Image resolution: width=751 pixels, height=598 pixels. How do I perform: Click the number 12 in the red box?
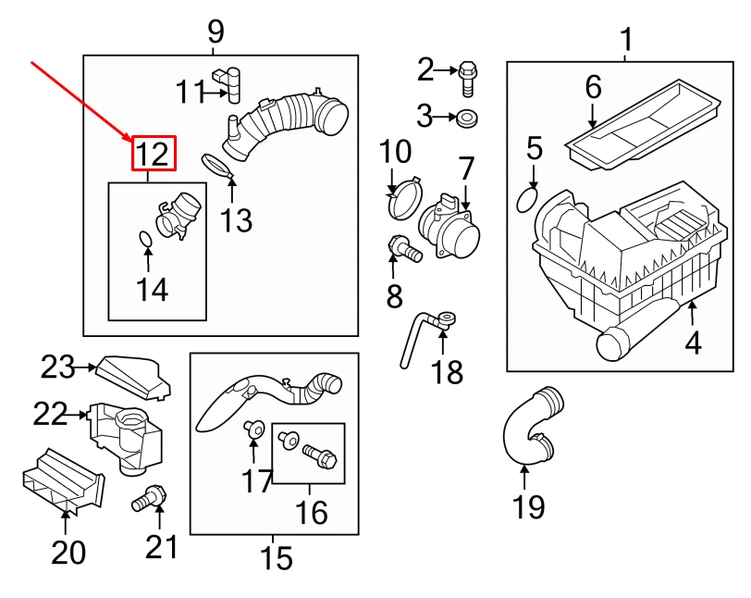(x=153, y=154)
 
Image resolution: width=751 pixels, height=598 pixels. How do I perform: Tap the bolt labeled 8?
(x=401, y=247)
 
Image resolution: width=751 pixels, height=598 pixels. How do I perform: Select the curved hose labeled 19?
(x=528, y=430)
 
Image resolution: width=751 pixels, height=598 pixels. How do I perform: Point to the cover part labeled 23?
(x=132, y=375)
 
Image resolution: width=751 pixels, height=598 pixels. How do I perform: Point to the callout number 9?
(x=215, y=32)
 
